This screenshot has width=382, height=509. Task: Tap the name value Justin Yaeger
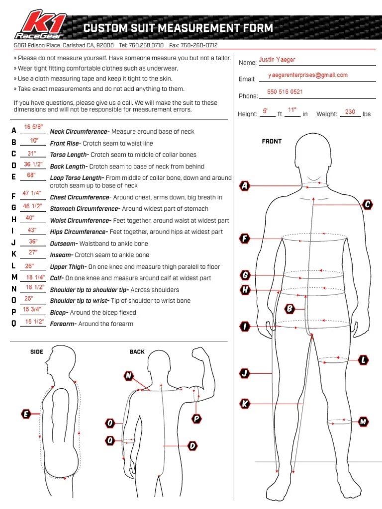click(x=277, y=60)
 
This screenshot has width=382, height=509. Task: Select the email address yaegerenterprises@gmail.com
click(x=307, y=76)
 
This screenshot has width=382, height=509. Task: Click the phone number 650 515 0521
click(x=285, y=92)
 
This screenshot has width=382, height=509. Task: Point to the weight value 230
click(x=350, y=112)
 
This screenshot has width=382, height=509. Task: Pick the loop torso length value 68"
click(x=31, y=175)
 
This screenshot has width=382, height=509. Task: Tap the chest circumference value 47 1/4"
click(x=32, y=193)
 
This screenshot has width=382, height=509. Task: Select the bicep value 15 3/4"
click(x=32, y=310)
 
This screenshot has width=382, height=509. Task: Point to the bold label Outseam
click(x=63, y=244)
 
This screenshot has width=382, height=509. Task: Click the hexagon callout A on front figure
click(x=244, y=186)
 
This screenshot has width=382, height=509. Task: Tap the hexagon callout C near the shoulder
click(x=368, y=204)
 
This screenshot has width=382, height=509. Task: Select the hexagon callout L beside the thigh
click(x=364, y=359)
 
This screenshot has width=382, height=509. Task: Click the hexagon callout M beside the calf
click(x=364, y=422)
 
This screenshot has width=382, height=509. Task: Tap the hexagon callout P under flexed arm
click(x=196, y=419)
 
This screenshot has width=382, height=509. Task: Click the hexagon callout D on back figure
click(x=192, y=446)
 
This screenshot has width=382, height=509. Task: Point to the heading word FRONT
click(x=272, y=142)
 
